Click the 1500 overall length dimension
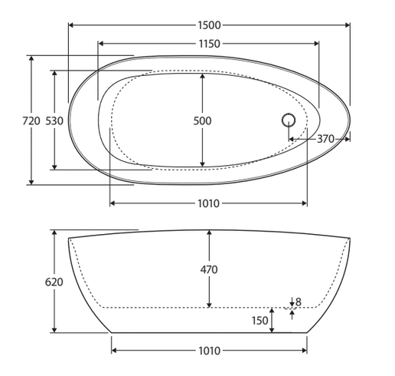(x=209, y=25)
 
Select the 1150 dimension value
(x=209, y=44)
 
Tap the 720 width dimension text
(x=31, y=120)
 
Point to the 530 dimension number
(x=54, y=120)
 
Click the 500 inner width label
(x=202, y=120)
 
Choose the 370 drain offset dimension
(x=325, y=139)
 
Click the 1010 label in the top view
(x=209, y=203)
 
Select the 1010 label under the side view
(x=209, y=351)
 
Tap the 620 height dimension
(x=54, y=282)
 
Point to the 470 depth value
(x=209, y=269)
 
